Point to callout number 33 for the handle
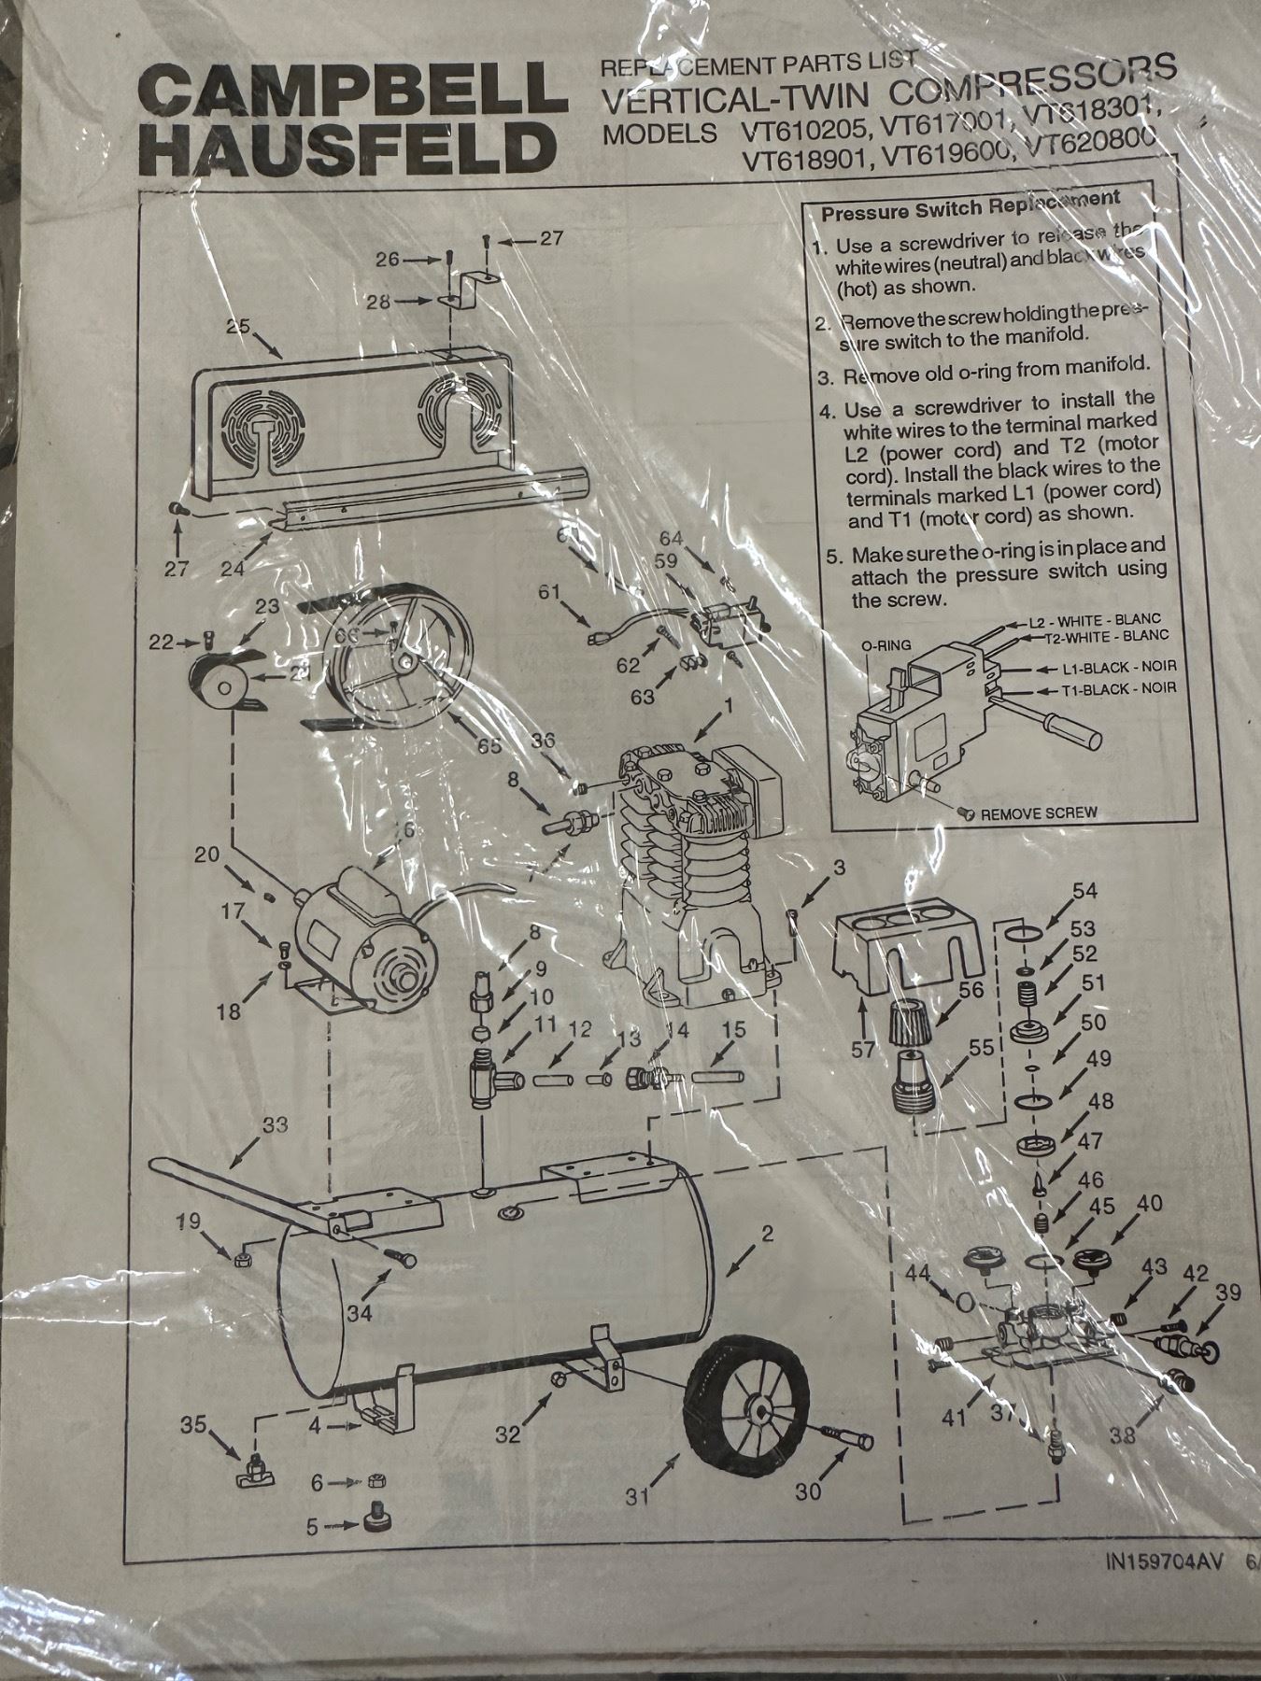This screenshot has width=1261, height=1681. pyautogui.click(x=276, y=1125)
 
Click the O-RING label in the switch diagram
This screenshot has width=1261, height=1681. pyautogui.click(x=886, y=644)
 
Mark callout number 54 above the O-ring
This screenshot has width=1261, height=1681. pyautogui.click(x=1084, y=890)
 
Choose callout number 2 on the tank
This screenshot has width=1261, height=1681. pyautogui.click(x=767, y=1234)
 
